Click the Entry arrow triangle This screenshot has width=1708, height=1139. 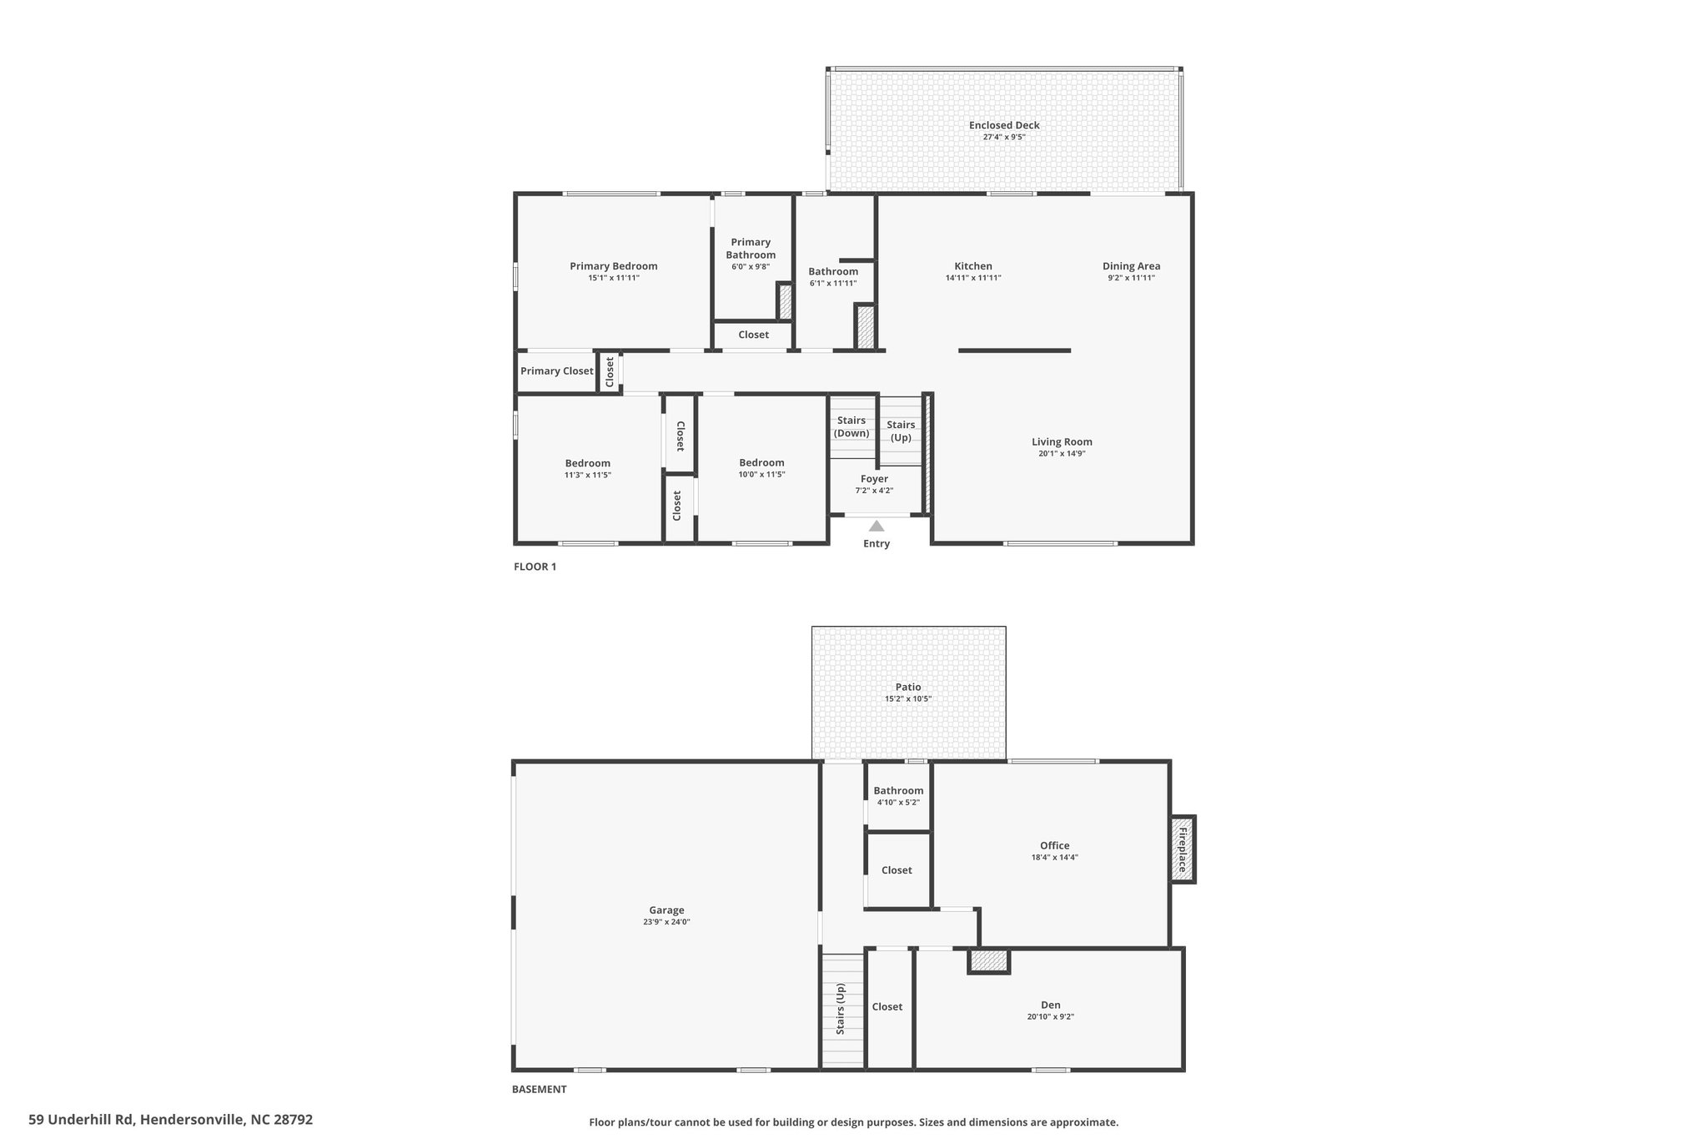click(x=876, y=526)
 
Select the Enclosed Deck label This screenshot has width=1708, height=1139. click(x=1004, y=125)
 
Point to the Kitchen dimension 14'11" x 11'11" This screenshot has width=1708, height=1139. click(x=973, y=278)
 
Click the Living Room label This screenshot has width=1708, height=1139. click(x=1062, y=442)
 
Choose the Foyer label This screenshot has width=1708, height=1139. click(x=874, y=479)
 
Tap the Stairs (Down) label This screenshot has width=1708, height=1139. click(x=851, y=426)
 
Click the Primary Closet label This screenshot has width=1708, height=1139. click(x=556, y=371)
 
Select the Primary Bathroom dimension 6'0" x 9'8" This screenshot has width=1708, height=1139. click(x=751, y=267)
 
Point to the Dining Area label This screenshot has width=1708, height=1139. click(x=1131, y=266)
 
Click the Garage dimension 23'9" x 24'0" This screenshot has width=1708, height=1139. click(x=666, y=922)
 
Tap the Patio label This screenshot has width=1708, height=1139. click(x=908, y=688)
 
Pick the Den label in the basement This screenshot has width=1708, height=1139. click(x=1050, y=1005)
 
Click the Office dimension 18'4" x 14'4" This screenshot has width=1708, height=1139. click(x=1054, y=857)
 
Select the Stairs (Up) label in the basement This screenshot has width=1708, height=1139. click(x=841, y=1009)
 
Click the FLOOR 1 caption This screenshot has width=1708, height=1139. click(x=535, y=567)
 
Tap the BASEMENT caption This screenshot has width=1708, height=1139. click(x=539, y=1089)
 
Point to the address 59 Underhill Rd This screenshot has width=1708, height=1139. click(x=81, y=1120)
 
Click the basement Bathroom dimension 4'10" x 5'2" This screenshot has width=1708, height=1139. click(x=898, y=802)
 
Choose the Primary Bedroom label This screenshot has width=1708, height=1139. click(x=613, y=266)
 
